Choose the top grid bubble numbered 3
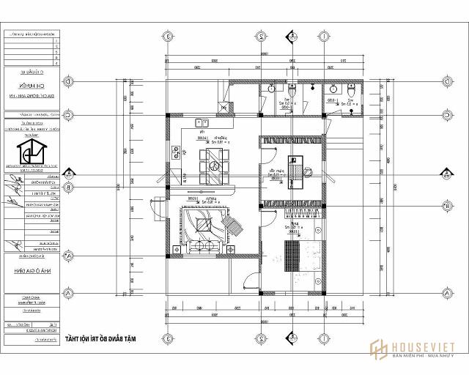tap(168, 34)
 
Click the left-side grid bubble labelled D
tap(67, 82)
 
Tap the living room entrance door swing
tap(155, 207)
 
